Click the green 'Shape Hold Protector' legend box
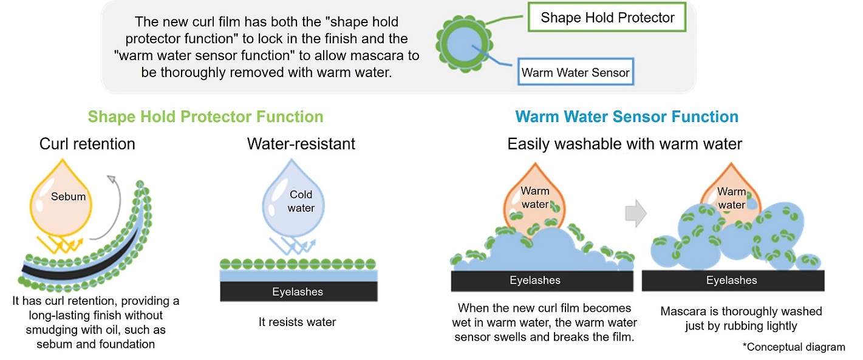tap(607, 18)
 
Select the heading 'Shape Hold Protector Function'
tap(205, 117)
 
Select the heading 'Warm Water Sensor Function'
tap(627, 117)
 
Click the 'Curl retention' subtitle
tap(87, 144)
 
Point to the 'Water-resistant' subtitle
tap(301, 144)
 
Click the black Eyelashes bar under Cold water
tap(298, 292)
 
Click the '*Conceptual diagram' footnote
tap(793, 347)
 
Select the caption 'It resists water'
tap(297, 322)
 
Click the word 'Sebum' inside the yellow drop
tap(68, 196)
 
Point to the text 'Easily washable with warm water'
tap(625, 144)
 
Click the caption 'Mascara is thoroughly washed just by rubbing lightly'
tap(741, 319)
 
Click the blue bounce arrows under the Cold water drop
tap(290, 245)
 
